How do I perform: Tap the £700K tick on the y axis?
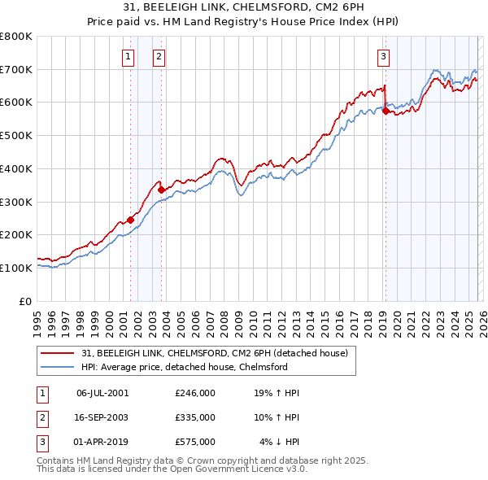(16, 69)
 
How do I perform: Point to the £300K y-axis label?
(16, 202)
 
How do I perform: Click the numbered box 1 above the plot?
(129, 57)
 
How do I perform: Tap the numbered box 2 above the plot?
(158, 57)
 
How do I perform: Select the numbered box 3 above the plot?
(383, 57)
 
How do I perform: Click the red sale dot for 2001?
(130, 220)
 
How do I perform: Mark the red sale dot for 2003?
(162, 190)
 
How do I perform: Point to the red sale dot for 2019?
(386, 111)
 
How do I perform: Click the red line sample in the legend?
(59, 353)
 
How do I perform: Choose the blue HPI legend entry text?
(185, 368)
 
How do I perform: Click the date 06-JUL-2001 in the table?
(102, 393)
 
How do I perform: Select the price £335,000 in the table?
(195, 417)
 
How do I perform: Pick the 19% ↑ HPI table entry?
(277, 393)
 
